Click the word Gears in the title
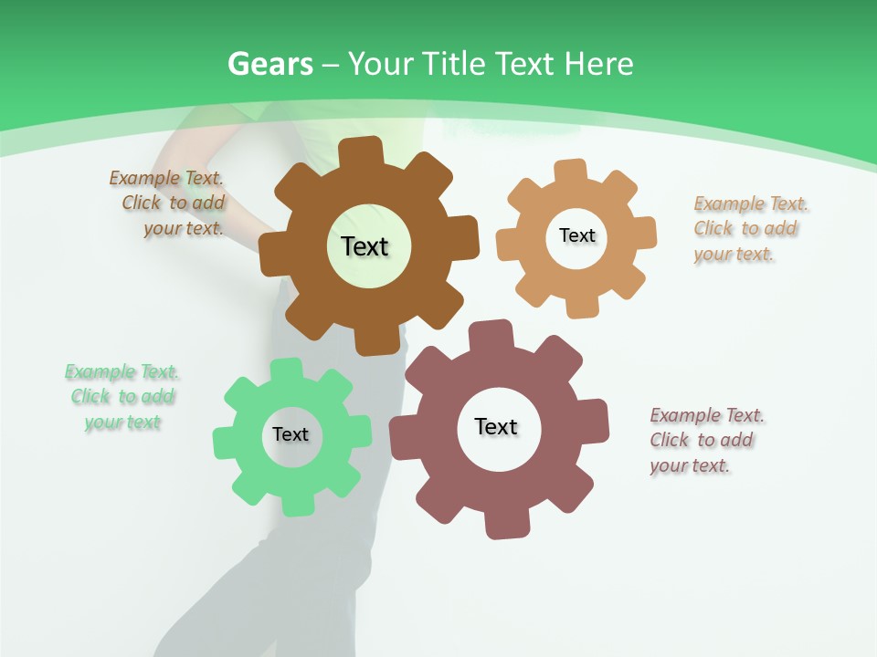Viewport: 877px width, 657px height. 269,64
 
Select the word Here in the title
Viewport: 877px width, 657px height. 598,64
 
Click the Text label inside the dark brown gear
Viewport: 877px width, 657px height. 365,246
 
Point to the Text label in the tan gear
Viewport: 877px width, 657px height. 576,235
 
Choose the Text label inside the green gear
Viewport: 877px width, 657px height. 291,434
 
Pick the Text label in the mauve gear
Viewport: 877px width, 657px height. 496,426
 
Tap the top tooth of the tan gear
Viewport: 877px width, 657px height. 571,171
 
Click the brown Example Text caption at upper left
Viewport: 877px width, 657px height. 168,203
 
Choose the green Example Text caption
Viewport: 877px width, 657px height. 122,397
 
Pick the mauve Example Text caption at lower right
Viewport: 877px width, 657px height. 705,440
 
